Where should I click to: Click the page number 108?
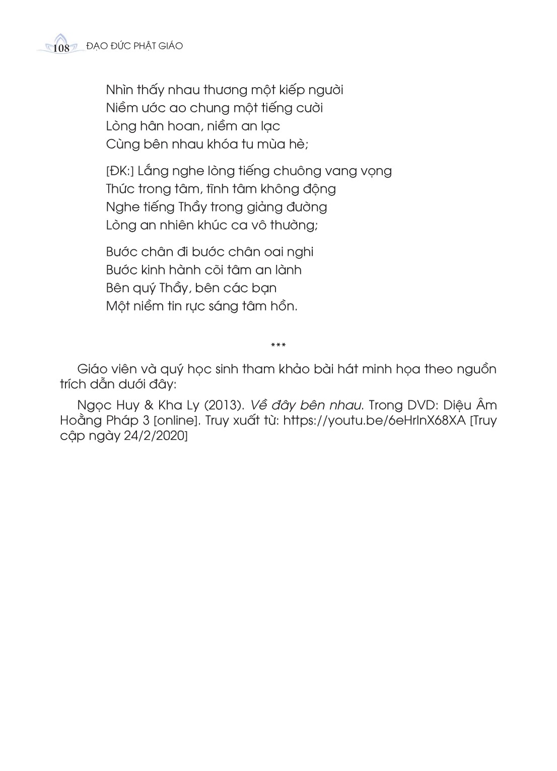[60, 48]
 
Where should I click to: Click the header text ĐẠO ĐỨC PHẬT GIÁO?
[134, 46]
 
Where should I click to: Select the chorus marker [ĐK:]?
[119, 171]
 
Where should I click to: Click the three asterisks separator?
[278, 345]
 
